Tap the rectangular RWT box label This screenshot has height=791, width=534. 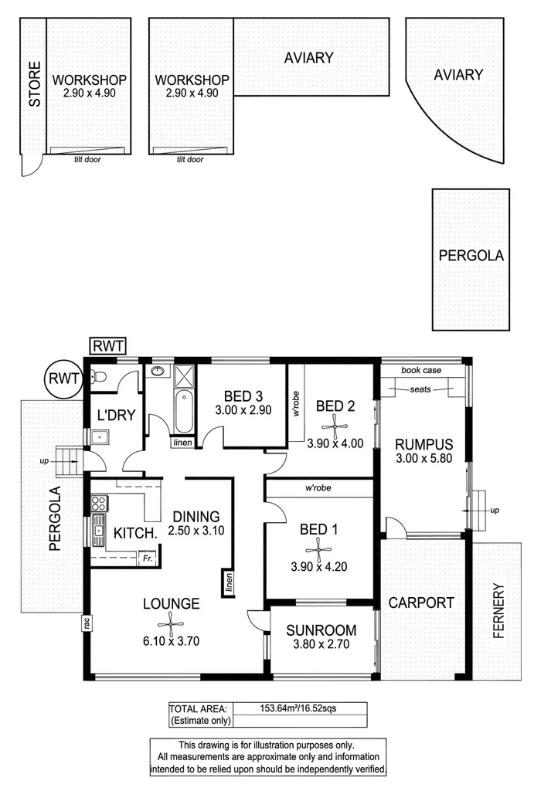pos(107,345)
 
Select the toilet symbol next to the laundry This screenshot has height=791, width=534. pos(94,377)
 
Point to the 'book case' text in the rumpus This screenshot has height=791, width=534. pos(421,371)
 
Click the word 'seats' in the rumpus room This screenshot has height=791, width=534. pos(421,389)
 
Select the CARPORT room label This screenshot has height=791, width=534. pos(420,603)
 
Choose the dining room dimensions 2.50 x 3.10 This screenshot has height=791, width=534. pos(196,531)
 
